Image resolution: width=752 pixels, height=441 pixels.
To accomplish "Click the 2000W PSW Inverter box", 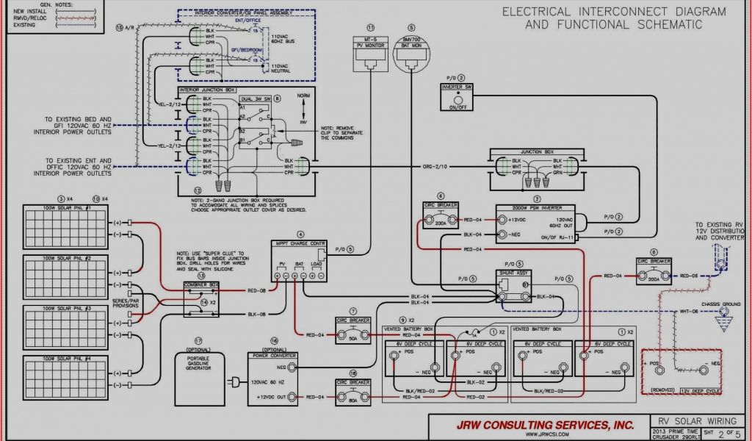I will point(537,223).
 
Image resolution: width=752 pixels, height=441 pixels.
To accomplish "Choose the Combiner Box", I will point(201,298).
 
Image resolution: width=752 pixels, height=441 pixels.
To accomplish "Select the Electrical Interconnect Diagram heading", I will point(613,18).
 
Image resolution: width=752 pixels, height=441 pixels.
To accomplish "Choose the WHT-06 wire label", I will point(688,312).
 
